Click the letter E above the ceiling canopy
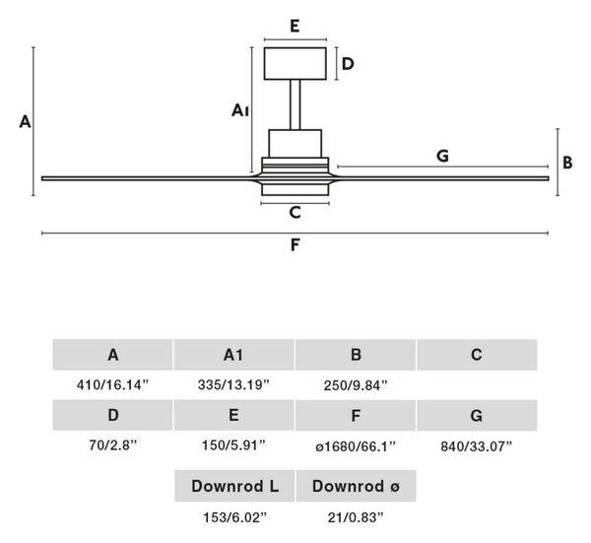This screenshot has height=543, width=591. pos(295,27)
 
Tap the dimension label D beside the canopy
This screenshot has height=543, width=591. pos(348,64)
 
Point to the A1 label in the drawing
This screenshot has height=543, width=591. pos(240,110)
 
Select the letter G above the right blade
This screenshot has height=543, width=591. pos(442,156)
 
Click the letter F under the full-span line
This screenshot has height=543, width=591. pos(295,245)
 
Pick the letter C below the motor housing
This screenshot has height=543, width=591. pos(295,213)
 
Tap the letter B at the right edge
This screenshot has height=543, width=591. pos(567,163)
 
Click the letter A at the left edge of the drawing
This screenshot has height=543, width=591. pos(25,122)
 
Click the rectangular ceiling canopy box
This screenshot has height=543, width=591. pos(295,64)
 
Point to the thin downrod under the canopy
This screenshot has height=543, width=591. pos(295,104)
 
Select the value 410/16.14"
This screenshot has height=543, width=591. pos(112,385)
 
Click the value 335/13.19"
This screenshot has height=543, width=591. pos(233,385)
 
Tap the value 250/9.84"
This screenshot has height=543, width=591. pos(356,385)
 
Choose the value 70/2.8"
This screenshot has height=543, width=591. pos(112,445)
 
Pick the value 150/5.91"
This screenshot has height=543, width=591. pos(233,445)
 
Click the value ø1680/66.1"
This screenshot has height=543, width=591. pos(356,446)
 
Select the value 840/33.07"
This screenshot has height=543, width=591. pos(477,446)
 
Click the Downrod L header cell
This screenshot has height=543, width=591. pos(234,486)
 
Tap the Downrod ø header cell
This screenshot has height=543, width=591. pos(357,486)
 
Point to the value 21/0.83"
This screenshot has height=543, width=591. pos(356,517)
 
